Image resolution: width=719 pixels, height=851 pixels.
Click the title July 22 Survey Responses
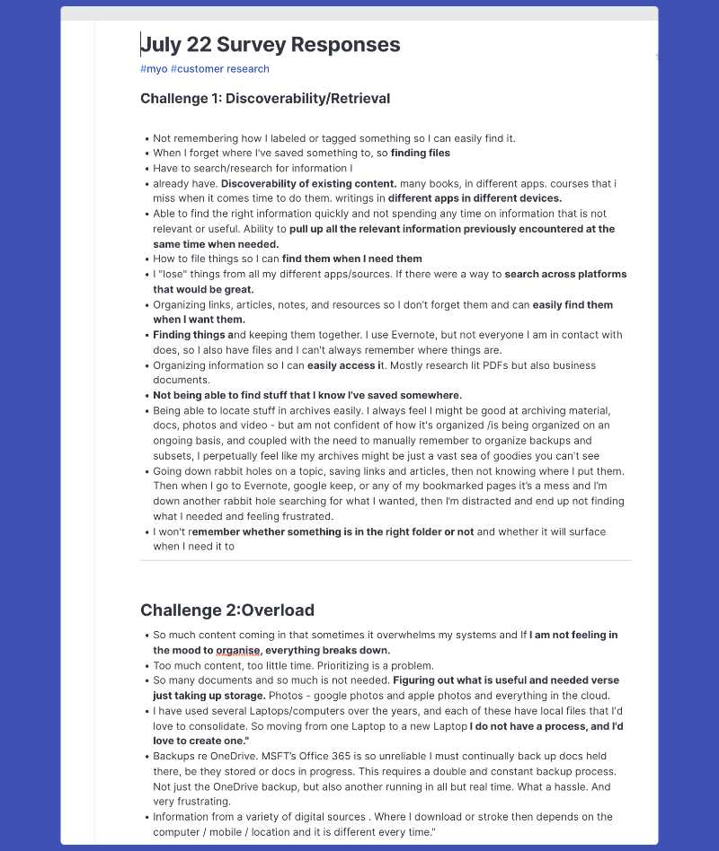(271, 45)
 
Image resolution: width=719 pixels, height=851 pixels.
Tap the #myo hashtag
(154, 69)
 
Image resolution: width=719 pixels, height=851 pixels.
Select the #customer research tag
(220, 69)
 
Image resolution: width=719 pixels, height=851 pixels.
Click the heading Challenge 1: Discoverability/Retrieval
(265, 99)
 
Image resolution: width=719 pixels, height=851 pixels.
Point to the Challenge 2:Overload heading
(227, 610)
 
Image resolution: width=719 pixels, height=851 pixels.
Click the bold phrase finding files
(420, 154)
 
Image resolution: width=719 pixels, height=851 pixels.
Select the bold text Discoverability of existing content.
(309, 184)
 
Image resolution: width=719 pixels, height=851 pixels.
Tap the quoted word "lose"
(173, 274)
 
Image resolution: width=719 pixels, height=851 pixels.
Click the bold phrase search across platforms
(566, 274)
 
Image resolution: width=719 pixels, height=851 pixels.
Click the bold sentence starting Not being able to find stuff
(307, 395)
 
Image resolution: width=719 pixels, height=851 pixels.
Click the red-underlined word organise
(238, 650)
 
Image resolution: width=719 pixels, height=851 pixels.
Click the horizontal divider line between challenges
(386, 560)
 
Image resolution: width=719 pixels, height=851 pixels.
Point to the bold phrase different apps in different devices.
(475, 198)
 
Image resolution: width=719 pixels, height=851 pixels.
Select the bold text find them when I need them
(351, 259)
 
